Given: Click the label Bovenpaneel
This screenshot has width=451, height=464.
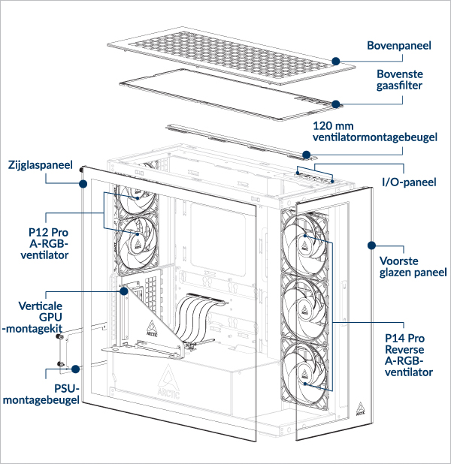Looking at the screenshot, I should [x=398, y=46].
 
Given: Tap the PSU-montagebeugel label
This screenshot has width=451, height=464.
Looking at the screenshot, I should [x=41, y=395].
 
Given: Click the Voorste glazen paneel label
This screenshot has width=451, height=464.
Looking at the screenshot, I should [x=413, y=266].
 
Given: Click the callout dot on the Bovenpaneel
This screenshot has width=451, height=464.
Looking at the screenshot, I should [x=336, y=59].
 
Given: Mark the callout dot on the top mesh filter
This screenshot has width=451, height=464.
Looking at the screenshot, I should [x=336, y=104].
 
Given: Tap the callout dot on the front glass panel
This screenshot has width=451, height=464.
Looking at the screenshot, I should [x=371, y=245].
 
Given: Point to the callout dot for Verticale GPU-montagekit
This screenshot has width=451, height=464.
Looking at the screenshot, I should [x=123, y=291].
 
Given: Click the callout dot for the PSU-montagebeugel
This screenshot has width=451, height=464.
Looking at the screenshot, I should [x=76, y=369].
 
